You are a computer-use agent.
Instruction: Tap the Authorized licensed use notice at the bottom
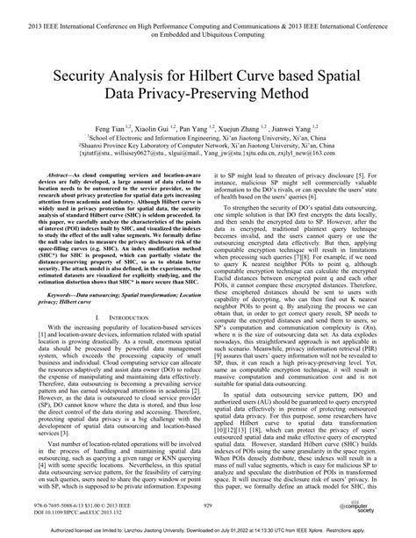point(208,529)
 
